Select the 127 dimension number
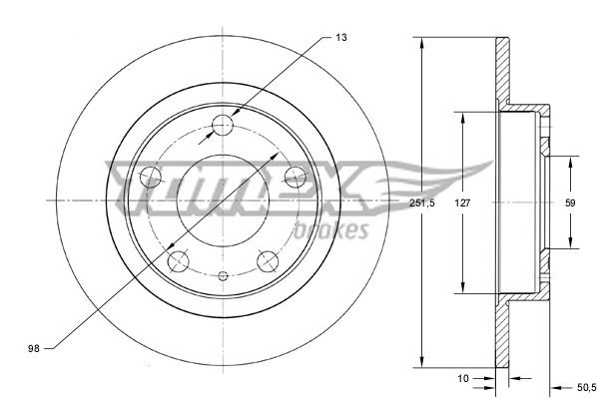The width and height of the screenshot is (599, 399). point(462,202)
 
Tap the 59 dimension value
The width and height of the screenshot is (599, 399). point(570,202)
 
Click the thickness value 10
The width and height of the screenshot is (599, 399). point(463,379)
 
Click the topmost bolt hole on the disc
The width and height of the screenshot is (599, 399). point(223,125)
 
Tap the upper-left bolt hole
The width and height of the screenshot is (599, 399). point(152,178)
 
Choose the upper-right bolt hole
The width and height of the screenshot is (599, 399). point(295,177)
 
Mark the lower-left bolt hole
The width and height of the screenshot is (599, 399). point(179,261)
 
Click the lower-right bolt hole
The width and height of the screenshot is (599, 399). point(267,260)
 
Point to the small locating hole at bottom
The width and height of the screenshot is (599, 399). point(223,274)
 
